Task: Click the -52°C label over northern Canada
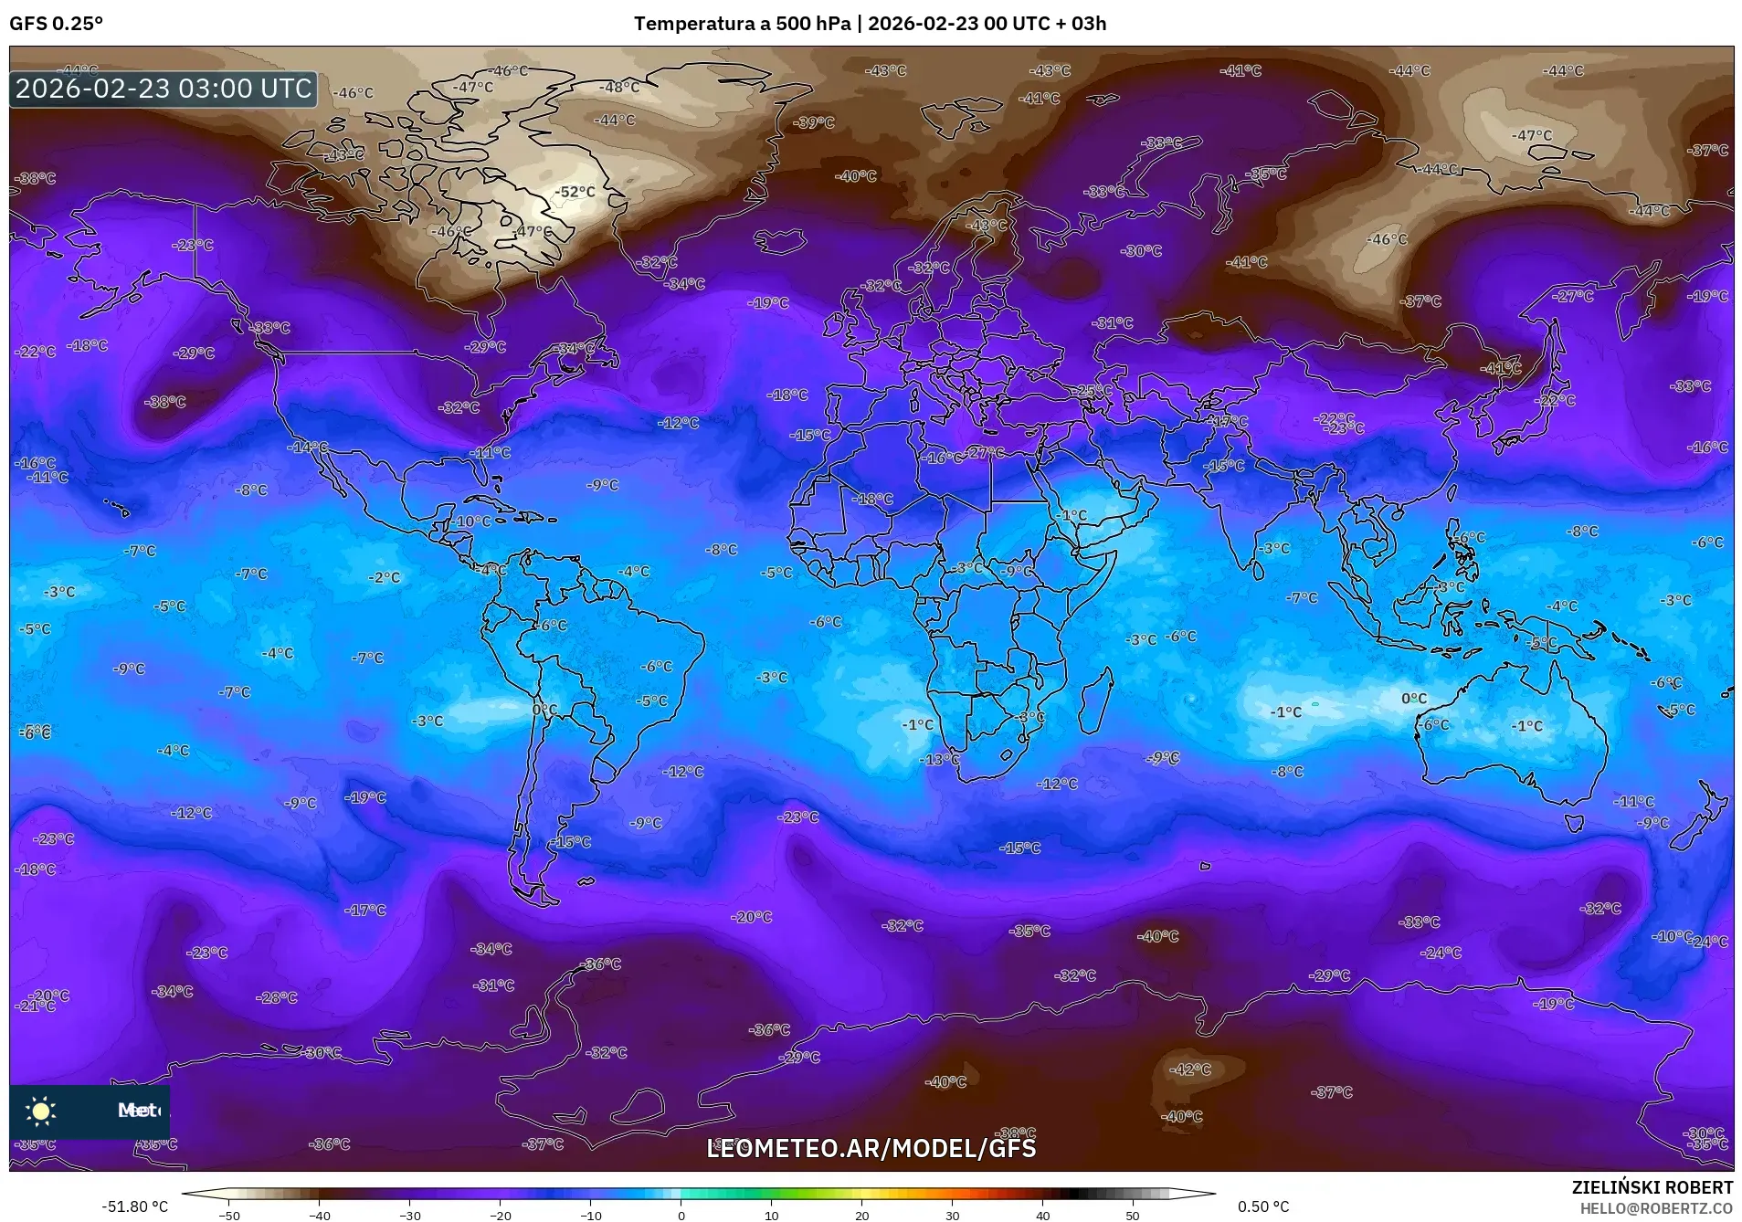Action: (575, 192)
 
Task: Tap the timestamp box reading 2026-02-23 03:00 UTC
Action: (164, 89)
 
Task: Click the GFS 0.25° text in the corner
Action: (56, 24)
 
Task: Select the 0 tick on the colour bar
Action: (681, 1216)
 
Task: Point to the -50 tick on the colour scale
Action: (230, 1216)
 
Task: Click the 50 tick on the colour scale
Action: (1133, 1216)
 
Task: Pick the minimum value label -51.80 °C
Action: (134, 1206)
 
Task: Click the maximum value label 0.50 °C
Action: (1263, 1206)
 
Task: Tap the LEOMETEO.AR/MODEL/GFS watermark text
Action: (871, 1148)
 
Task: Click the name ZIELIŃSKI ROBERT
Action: (1652, 1187)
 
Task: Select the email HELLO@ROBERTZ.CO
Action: (1656, 1208)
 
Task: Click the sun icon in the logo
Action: (41, 1111)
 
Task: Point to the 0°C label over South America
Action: (544, 710)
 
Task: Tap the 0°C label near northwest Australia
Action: (1413, 699)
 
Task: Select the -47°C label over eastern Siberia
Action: (1531, 135)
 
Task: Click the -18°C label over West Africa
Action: (872, 500)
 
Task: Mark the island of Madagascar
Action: (1096, 701)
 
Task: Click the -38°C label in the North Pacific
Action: (165, 402)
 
